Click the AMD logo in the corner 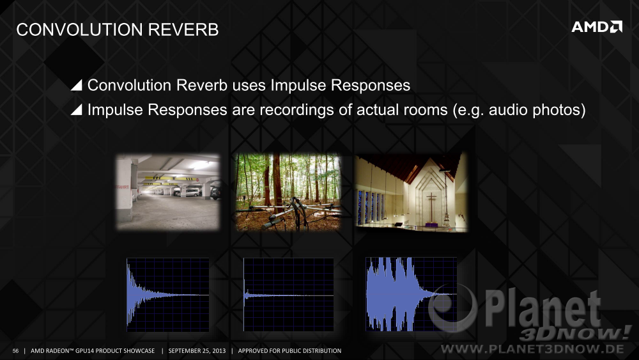tap(597, 27)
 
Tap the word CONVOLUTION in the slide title tap(79, 30)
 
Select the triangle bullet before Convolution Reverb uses tap(77, 85)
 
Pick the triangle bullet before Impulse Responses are tap(77, 109)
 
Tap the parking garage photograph tap(168, 192)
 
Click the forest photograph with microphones tap(288, 192)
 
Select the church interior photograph tap(411, 192)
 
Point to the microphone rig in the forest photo tap(293, 213)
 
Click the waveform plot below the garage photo tap(168, 294)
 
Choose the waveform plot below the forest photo tap(289, 294)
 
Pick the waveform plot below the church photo tap(411, 294)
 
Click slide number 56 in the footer tap(15, 350)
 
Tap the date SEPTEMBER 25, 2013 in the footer tap(197, 350)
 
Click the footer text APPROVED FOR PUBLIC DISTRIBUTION tap(289, 350)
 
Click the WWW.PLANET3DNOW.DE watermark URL tap(533, 349)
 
